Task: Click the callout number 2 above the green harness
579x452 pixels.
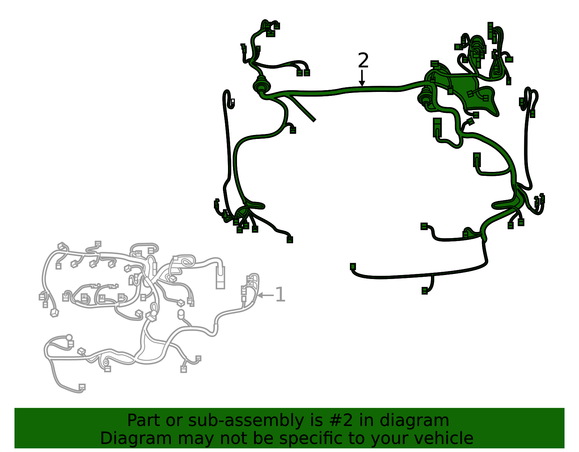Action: (x=363, y=60)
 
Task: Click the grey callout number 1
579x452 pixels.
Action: (x=280, y=295)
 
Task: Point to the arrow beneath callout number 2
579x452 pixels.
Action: (x=362, y=79)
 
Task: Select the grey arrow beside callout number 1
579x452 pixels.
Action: (x=265, y=295)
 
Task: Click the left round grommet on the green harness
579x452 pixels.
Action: (x=261, y=85)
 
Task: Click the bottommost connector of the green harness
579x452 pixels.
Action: (x=424, y=291)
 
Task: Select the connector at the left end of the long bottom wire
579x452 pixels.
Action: (x=353, y=267)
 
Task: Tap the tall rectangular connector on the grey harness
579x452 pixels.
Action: (x=220, y=278)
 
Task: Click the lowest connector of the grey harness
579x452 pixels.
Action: (x=82, y=387)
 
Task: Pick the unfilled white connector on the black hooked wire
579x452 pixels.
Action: (x=232, y=102)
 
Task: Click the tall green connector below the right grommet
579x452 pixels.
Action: (x=437, y=127)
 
